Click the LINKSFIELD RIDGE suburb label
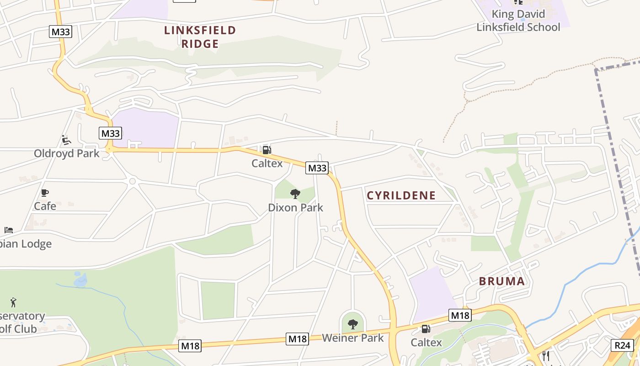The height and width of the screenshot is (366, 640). pos(200,37)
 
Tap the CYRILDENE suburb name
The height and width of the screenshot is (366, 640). pos(401,195)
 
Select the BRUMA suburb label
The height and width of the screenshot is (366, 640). pos(502,281)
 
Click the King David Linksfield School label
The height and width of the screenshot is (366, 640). pos(518,21)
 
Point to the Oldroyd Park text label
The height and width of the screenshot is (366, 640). pos(66,153)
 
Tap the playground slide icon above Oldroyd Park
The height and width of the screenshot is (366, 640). pos(66,140)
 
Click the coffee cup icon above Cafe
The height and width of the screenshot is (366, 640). pos(44,193)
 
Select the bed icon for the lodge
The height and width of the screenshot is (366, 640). pos(9,230)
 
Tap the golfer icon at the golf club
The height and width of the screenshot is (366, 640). pos(13,302)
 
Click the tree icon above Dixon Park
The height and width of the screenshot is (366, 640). pos(295,194)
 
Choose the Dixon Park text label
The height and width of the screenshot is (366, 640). pos(295,208)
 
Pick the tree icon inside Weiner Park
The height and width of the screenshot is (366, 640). pos(352,324)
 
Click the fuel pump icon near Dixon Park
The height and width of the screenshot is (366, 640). pos(267,150)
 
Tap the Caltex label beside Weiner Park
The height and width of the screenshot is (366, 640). pos(426,342)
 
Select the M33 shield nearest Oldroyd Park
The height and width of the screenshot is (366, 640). pos(110,133)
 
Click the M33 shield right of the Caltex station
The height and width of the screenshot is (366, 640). pos(317,168)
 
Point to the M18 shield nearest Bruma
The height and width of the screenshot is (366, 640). pos(460,315)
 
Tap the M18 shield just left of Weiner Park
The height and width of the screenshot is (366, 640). pos(298,339)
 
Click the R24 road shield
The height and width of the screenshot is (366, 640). pos(622,345)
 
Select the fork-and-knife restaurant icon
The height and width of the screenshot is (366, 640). pos(545,355)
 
